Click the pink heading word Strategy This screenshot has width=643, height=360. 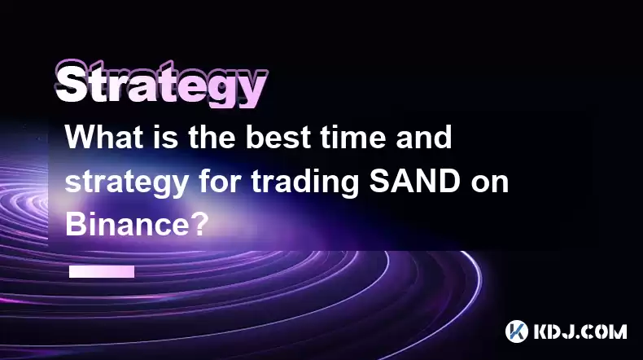point(162,84)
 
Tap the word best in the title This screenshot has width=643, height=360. point(278,137)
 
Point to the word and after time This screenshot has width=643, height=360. point(423,137)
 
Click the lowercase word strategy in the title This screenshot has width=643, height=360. point(127,182)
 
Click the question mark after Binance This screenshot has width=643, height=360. point(199,224)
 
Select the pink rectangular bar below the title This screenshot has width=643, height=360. point(102,271)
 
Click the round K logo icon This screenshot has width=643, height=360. point(516,331)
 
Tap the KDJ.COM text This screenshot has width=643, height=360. point(580,331)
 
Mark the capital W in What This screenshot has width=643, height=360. point(82,137)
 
